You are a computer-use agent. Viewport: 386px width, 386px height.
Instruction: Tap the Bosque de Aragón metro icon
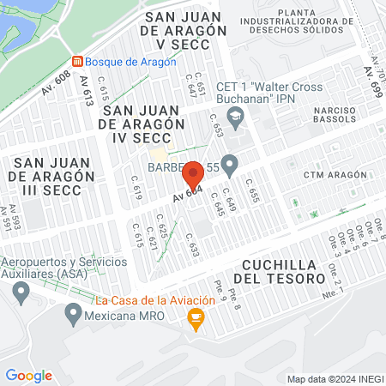pos(78,62)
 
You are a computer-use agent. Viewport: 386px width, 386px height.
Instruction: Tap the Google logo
pos(28,375)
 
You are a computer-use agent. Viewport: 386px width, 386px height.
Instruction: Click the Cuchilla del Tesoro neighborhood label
pos(283,272)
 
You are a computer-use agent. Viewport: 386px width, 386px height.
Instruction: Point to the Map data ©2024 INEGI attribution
pos(335,379)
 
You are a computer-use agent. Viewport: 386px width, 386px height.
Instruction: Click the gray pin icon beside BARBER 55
pos(229,163)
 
